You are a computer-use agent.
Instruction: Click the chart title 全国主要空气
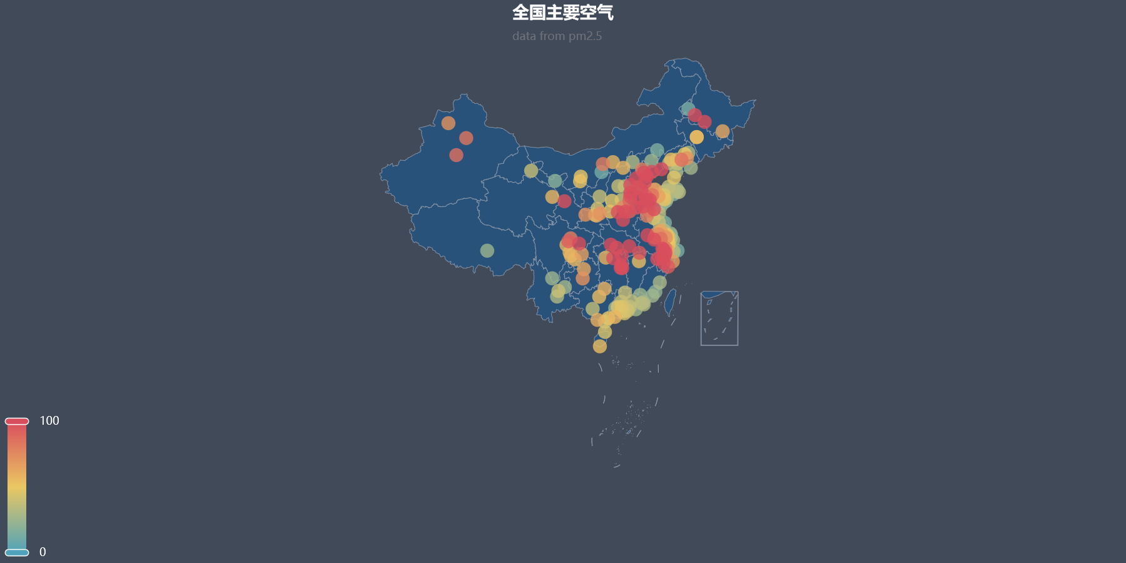point(562,13)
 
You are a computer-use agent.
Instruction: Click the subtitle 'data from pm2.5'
point(557,36)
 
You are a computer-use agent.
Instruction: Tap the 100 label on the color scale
point(49,421)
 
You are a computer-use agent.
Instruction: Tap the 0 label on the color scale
point(43,552)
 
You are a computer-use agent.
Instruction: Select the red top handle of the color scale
point(17,421)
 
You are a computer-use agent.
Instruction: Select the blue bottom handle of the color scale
point(17,552)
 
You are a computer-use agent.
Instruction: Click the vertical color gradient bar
point(17,487)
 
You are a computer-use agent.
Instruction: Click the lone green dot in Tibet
point(487,251)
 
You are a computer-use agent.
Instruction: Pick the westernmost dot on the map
point(448,123)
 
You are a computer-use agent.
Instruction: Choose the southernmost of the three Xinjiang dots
point(456,155)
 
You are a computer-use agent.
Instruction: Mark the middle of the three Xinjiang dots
point(466,138)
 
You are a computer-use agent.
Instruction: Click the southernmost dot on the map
point(600,347)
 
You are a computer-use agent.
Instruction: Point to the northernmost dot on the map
point(688,109)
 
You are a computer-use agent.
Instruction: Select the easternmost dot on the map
point(723,131)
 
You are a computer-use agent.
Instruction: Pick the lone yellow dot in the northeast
point(697,137)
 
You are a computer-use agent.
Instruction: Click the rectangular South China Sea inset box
point(719,318)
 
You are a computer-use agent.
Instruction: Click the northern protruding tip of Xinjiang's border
point(464,96)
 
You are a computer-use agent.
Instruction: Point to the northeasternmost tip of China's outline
point(754,101)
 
